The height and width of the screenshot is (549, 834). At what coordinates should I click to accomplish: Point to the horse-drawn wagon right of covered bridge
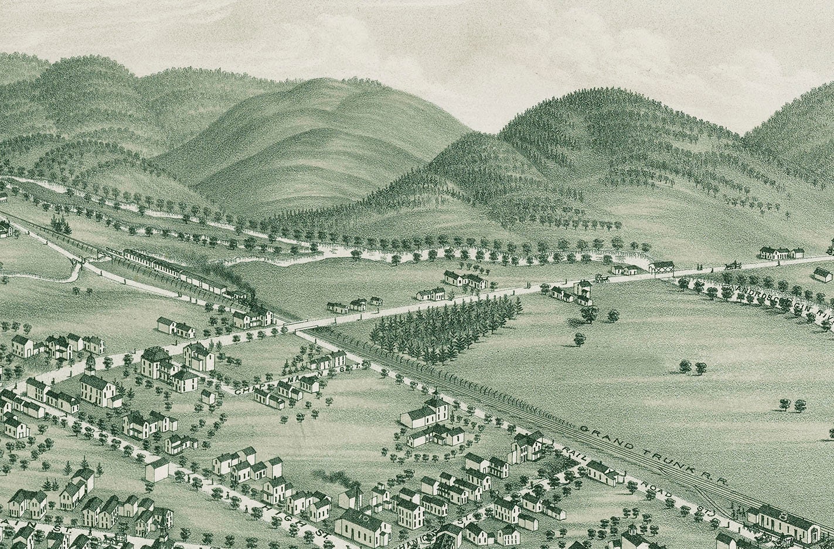pos(731,265)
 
